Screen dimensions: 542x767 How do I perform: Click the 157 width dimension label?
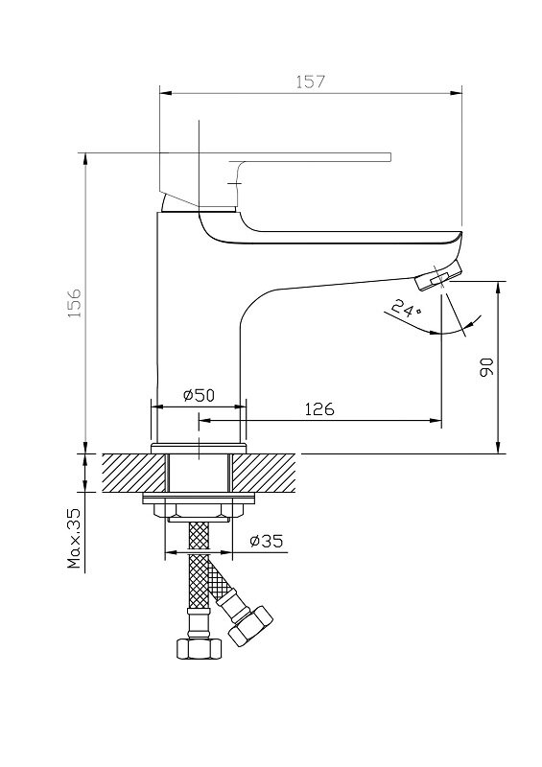311,81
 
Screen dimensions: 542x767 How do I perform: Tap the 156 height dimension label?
75,303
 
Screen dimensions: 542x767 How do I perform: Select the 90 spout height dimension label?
486,367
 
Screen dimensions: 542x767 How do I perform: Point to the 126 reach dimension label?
319,409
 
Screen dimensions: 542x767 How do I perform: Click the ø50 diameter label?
199,395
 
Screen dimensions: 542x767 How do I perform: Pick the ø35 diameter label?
267,541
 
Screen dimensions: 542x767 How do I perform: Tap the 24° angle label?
407,309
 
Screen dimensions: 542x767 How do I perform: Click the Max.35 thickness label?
75,537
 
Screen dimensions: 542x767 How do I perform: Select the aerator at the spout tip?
438,275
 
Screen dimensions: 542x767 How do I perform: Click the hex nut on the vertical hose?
199,648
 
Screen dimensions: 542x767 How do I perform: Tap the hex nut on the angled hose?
250,626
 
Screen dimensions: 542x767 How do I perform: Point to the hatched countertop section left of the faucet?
133,473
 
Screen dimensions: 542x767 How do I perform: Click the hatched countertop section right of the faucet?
265,473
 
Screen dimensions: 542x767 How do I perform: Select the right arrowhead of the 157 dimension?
457,92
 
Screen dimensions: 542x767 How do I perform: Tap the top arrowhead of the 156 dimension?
85,158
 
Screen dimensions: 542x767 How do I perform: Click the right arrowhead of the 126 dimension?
436,420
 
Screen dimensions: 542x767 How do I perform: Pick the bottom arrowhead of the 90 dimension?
498,448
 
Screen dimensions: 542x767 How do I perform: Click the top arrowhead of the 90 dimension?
498,288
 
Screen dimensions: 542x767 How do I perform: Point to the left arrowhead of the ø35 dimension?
171,553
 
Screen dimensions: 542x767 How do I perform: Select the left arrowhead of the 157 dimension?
166,92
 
